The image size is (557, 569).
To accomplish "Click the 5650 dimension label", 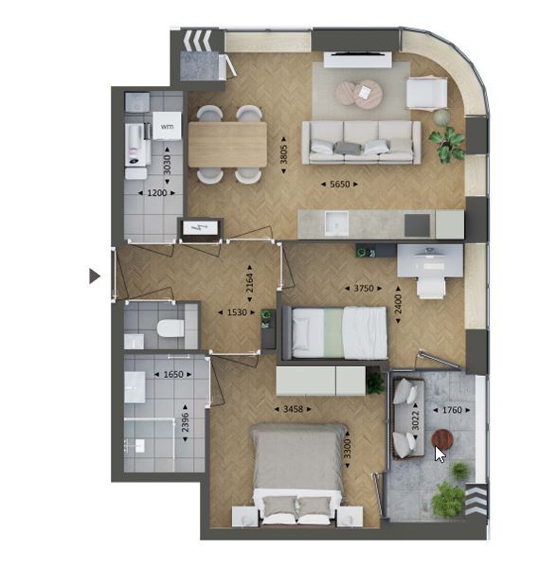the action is pyautogui.click(x=339, y=185).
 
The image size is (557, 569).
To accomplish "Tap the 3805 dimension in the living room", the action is pyautogui.click(x=283, y=154).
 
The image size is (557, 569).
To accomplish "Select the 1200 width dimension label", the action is pyautogui.click(x=157, y=193).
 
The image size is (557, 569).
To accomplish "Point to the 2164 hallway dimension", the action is pyautogui.click(x=249, y=283).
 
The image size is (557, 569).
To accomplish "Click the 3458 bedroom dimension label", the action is pyautogui.click(x=293, y=409).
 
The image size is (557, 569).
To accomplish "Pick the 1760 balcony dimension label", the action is pyautogui.click(x=452, y=410).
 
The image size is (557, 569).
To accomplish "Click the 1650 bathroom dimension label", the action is pyautogui.click(x=172, y=375).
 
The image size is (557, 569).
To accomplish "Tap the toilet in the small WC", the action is pyautogui.click(x=171, y=329).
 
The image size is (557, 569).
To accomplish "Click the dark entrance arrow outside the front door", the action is pyautogui.click(x=95, y=276).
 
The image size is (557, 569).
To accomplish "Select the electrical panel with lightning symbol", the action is pyautogui.click(x=200, y=228).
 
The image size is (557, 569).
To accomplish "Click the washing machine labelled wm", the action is pyautogui.click(x=167, y=126).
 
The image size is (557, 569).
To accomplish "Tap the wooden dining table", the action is pyautogui.click(x=227, y=145).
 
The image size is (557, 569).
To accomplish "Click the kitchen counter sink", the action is pyautogui.click(x=336, y=223).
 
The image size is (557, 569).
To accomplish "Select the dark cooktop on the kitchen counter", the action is pyautogui.click(x=417, y=225).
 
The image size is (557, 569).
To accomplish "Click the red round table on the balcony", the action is pyautogui.click(x=442, y=439).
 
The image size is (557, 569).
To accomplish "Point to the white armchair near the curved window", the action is pyautogui.click(x=426, y=93).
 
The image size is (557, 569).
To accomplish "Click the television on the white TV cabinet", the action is pyautogui.click(x=358, y=54).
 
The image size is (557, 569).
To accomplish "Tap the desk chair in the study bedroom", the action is pyautogui.click(x=431, y=287).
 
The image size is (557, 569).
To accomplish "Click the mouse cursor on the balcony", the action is pyautogui.click(x=440, y=454).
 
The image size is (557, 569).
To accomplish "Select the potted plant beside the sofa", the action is pyautogui.click(x=447, y=143).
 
